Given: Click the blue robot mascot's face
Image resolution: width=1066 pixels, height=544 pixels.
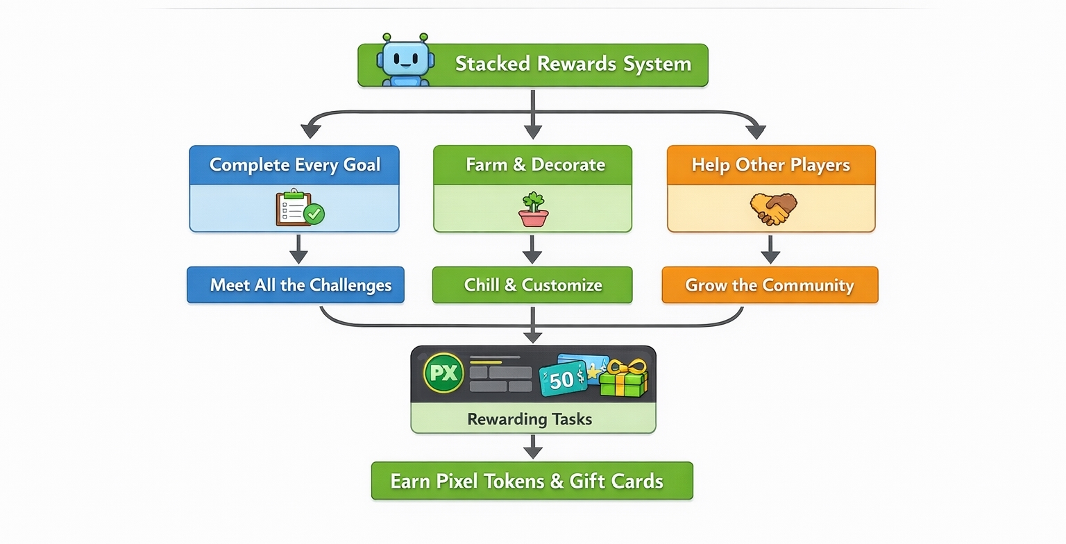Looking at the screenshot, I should (x=406, y=58).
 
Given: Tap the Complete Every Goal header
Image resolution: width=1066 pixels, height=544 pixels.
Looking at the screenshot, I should (x=294, y=164).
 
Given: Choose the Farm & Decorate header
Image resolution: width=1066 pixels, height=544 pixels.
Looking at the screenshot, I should (x=532, y=164).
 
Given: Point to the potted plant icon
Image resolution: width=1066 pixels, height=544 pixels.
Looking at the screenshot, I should (x=533, y=209).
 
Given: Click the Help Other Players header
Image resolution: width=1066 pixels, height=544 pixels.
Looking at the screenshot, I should (x=771, y=164).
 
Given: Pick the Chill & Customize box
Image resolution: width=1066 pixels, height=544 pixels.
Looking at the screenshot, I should (x=532, y=285).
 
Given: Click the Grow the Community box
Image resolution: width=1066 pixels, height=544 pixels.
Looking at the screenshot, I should (x=770, y=285).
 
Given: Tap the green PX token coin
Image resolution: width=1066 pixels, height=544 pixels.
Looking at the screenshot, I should (x=443, y=373).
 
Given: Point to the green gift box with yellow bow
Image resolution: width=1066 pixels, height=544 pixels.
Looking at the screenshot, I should (x=623, y=379).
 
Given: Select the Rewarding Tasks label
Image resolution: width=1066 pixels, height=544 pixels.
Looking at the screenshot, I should (x=530, y=419).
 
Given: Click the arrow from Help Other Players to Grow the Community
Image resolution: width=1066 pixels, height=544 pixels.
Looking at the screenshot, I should (x=770, y=249).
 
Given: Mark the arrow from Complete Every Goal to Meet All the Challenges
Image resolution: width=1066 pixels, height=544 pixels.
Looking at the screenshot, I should (x=298, y=249).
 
